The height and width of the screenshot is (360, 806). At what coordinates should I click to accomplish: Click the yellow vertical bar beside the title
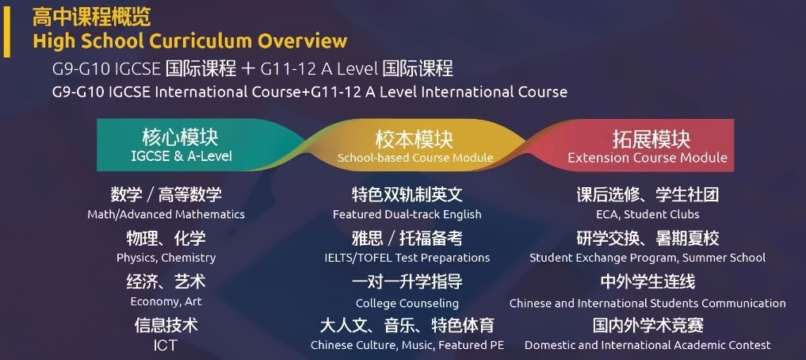[6, 32]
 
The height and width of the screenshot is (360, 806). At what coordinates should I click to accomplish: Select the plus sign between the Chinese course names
[248, 69]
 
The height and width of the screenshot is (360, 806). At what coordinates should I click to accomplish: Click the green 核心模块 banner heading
[181, 137]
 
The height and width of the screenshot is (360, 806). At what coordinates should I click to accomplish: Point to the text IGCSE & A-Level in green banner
[181, 156]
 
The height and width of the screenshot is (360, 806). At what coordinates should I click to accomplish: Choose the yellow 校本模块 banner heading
[414, 140]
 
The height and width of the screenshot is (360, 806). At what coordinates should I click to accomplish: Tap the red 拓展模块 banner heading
[651, 140]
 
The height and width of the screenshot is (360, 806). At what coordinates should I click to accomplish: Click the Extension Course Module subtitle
[647, 157]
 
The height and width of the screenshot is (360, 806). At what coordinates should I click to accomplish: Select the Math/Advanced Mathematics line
[166, 214]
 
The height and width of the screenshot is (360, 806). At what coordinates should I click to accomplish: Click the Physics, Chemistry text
[166, 258]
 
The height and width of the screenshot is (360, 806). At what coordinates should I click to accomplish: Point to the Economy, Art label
[166, 301]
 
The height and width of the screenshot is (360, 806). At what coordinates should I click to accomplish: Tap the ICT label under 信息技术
[166, 345]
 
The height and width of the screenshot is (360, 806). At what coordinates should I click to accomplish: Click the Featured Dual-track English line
[407, 214]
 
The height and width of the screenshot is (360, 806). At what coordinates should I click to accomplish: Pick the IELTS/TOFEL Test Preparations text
[407, 258]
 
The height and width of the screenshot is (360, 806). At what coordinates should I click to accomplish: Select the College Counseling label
[407, 304]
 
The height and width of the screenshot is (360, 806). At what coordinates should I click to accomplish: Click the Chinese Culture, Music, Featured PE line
[407, 345]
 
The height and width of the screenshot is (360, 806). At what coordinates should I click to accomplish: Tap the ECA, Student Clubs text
[647, 214]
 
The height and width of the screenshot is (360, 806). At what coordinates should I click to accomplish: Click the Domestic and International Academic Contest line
[647, 345]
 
